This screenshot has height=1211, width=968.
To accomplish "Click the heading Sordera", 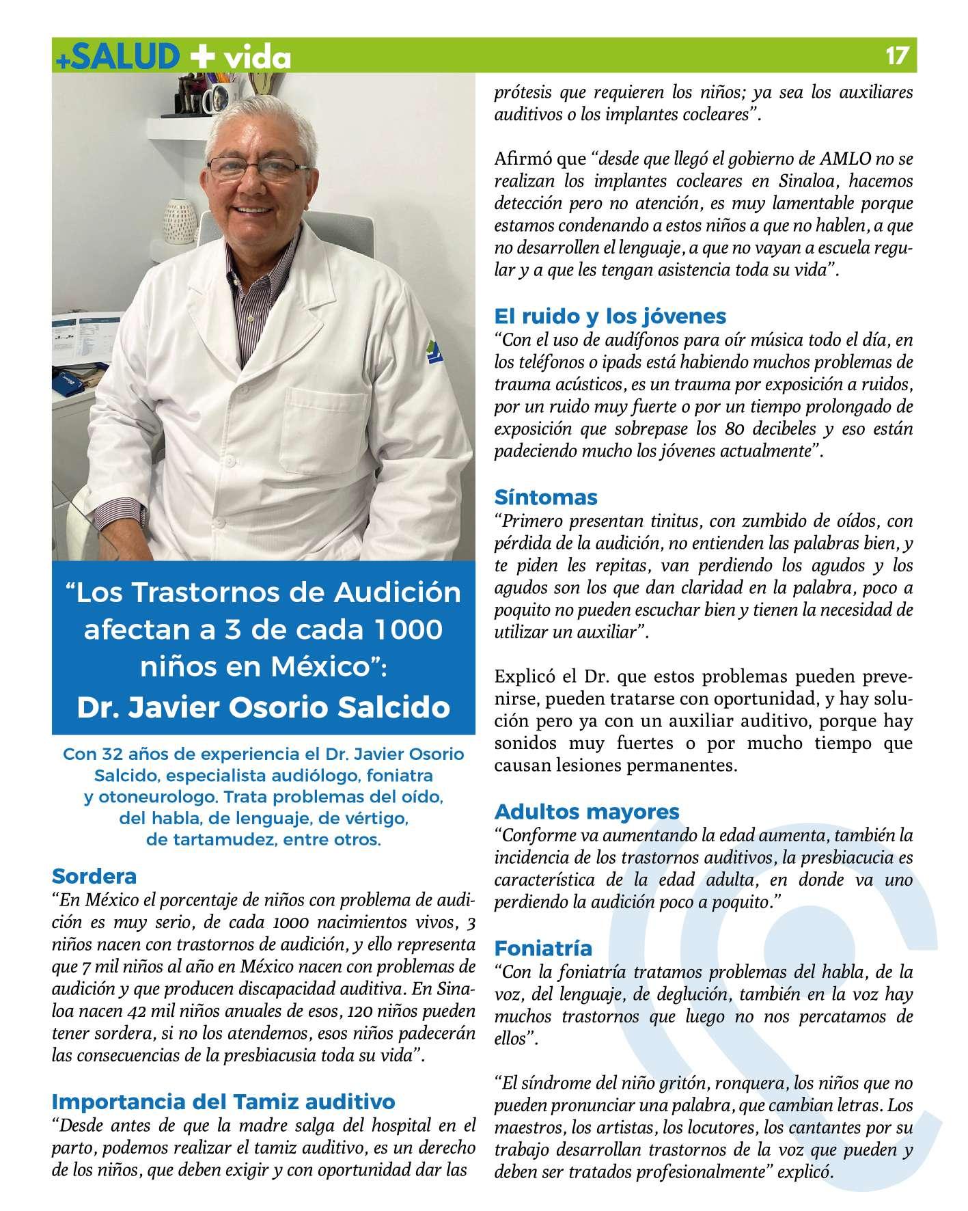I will (94, 875).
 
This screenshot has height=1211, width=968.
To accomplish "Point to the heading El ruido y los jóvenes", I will (610, 316).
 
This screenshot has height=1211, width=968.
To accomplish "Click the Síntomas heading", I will (546, 497).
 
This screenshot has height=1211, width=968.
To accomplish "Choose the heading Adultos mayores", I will (587, 812).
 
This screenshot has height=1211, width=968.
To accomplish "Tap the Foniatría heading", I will (543, 949).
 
